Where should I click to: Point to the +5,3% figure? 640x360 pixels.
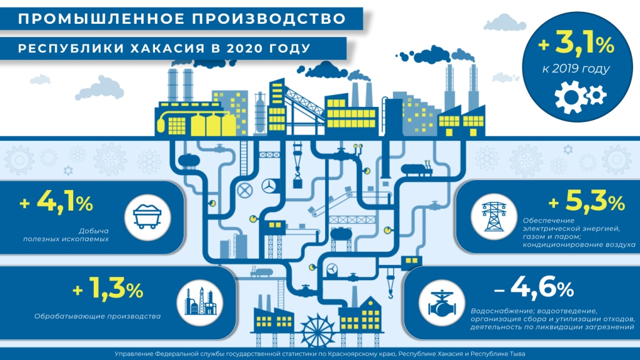tap(586, 202)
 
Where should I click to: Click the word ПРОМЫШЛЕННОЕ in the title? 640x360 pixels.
tap(96, 19)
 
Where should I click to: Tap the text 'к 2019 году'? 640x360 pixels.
tap(573, 69)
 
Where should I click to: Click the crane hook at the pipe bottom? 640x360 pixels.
tap(386, 289)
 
